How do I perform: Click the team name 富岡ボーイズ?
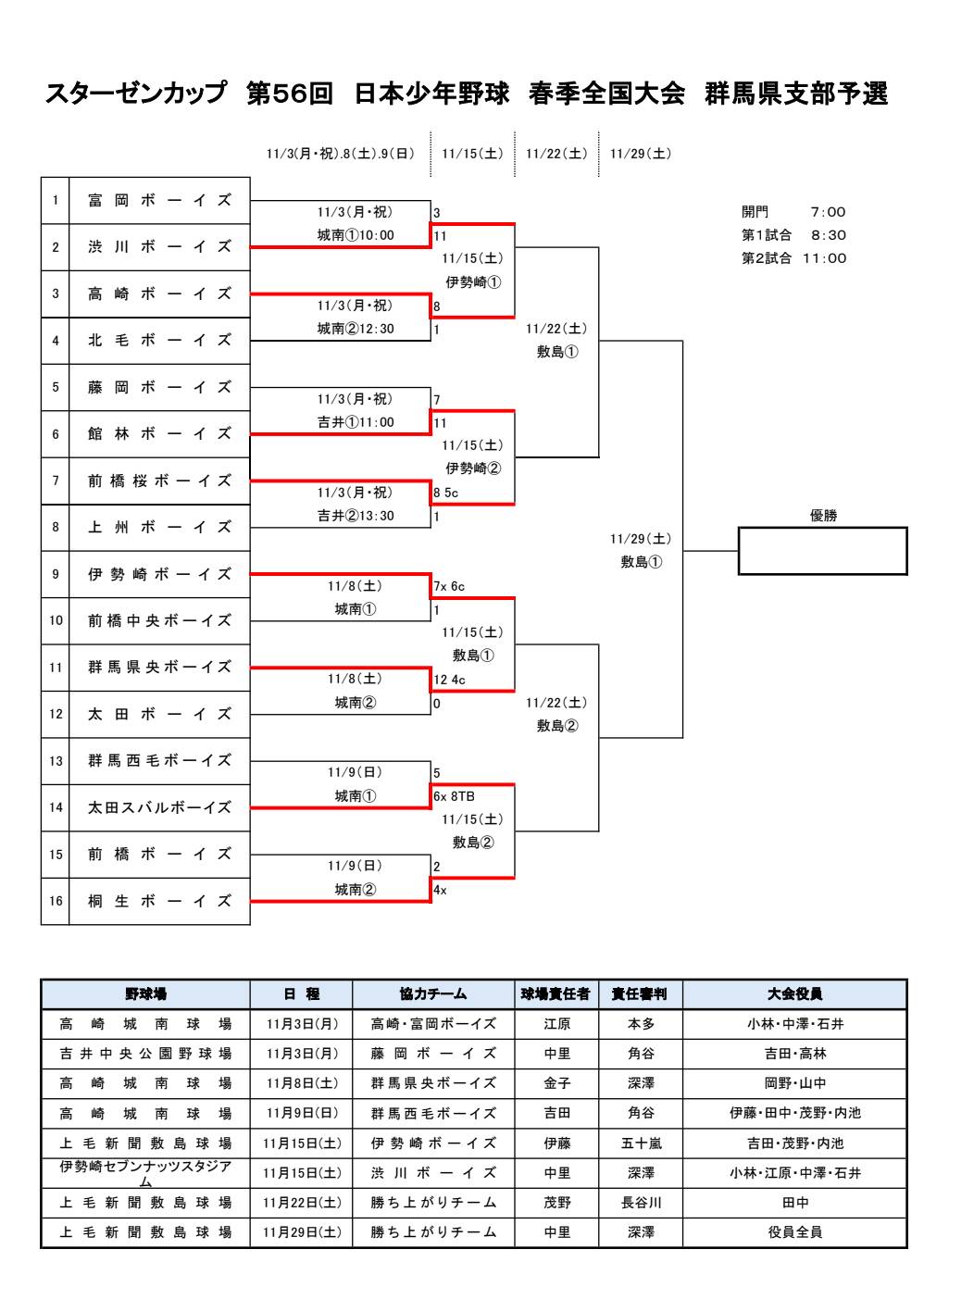point(159,200)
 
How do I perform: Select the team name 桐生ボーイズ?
point(159,901)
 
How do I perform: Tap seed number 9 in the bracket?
point(56,574)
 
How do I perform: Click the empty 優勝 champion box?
point(822,551)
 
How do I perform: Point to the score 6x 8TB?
point(455,796)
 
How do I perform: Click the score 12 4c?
point(449,680)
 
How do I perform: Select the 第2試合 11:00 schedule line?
point(793,258)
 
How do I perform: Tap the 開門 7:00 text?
point(793,212)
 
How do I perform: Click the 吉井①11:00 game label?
point(356,422)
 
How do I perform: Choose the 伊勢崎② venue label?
point(473,469)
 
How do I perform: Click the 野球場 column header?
point(145,994)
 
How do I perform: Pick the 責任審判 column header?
point(640,994)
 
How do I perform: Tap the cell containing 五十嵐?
point(641,1143)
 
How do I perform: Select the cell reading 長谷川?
point(641,1203)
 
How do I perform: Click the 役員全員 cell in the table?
point(795,1232)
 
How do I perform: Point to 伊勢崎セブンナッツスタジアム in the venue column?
point(145,1172)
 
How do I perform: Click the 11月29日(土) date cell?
point(302,1232)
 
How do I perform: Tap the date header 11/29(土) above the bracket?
point(641,154)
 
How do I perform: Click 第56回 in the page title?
point(290,94)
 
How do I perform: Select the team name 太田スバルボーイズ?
point(159,807)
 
